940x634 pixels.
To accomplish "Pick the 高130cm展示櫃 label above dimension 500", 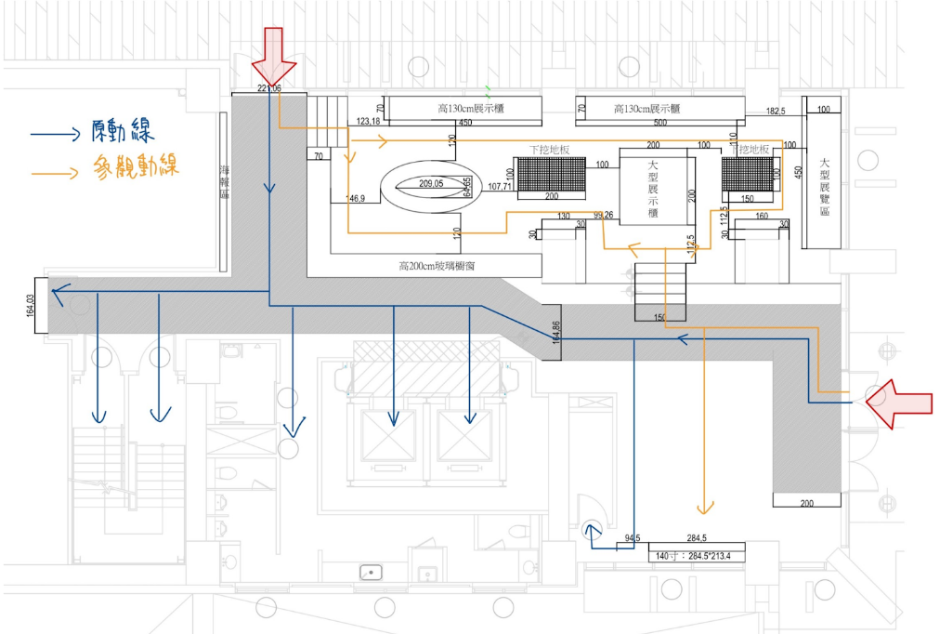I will coord(647,109).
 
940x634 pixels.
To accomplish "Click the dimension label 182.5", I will coord(776,112).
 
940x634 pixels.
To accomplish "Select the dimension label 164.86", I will coord(556,333).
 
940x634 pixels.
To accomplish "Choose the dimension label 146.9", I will coord(356,199).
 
